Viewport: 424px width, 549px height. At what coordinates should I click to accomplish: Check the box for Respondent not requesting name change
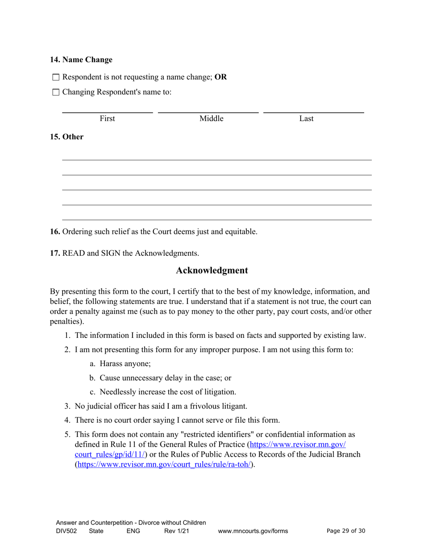56,77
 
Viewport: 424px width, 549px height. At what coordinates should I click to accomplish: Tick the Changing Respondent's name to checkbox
56,93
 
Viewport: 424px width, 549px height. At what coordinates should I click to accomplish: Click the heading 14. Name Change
81,60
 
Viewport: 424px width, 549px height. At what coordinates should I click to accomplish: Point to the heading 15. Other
67,137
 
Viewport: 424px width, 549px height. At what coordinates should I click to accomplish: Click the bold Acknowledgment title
212,270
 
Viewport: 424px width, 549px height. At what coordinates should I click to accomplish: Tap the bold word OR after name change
220,77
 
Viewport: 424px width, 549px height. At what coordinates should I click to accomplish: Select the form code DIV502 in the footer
66,531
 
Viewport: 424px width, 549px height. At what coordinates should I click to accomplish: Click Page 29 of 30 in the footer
346,531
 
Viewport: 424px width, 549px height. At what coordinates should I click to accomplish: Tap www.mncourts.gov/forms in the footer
253,531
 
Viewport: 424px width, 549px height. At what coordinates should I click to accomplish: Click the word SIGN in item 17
110,254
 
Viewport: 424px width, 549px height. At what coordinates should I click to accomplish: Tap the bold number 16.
55,232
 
